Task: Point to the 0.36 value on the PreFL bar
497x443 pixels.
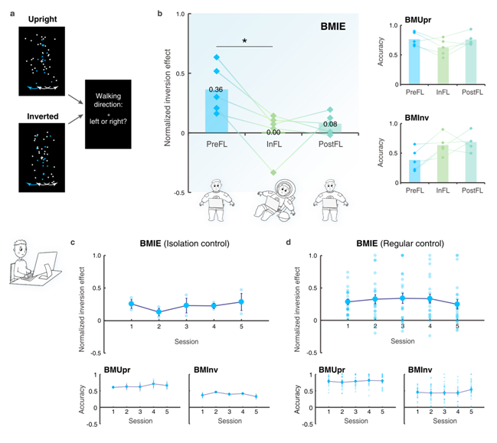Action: pos(217,90)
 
